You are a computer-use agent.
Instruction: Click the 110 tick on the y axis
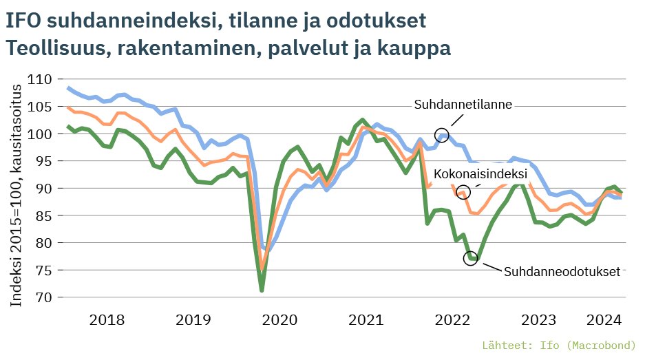click(41, 79)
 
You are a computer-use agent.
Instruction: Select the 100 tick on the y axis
click(41, 134)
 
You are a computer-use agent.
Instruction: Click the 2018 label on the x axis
click(107, 320)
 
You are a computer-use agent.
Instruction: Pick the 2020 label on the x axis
click(279, 320)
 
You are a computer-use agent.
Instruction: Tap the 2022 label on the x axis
click(452, 320)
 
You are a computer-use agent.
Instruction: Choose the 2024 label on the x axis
click(604, 320)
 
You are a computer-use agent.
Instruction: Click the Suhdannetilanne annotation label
click(463, 105)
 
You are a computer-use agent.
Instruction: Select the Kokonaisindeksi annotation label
click(480, 173)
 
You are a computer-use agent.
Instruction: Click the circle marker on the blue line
click(442, 135)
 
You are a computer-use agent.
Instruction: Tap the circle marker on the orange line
click(463, 192)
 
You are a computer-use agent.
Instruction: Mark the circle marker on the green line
click(470, 258)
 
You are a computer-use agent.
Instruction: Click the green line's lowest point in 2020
click(262, 290)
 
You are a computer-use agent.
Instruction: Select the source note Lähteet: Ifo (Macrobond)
click(559, 345)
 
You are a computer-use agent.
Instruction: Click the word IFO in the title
click(22, 21)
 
